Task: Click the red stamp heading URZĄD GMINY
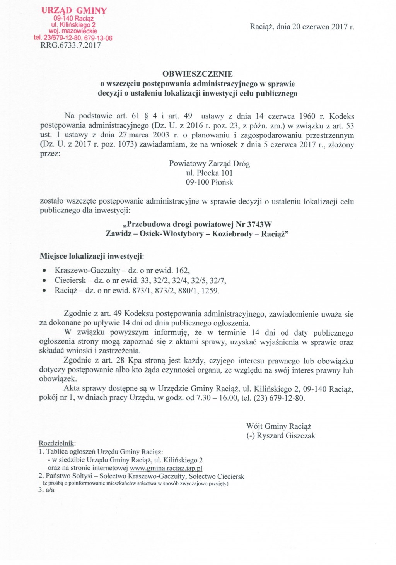74,10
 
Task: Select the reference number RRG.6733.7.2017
70,45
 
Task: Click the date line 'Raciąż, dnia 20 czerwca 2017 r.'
302,27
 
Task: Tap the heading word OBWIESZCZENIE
197,74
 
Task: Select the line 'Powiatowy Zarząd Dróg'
209,163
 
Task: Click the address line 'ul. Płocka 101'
209,173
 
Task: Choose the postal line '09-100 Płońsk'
209,182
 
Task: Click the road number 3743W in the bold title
259,224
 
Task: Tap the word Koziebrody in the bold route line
232,234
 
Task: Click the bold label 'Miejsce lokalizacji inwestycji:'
92,256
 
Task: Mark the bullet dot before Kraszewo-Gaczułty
45,271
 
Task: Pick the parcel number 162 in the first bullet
182,271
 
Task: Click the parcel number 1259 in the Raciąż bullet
210,291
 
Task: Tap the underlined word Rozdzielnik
57,443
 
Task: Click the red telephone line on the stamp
73,38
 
